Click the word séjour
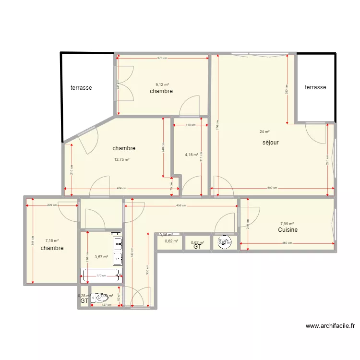[271, 143]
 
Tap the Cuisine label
[288, 230]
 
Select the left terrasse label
[81, 88]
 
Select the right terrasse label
[315, 87]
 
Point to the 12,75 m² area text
[121, 159]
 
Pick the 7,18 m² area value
[52, 241]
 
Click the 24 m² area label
[264, 132]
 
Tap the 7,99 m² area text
[287, 224]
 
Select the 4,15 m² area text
[192, 155]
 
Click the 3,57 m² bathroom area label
[101, 257]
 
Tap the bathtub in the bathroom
[101, 275]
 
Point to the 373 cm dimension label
[162, 58]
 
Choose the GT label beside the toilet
[84, 301]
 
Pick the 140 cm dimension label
[191, 125]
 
